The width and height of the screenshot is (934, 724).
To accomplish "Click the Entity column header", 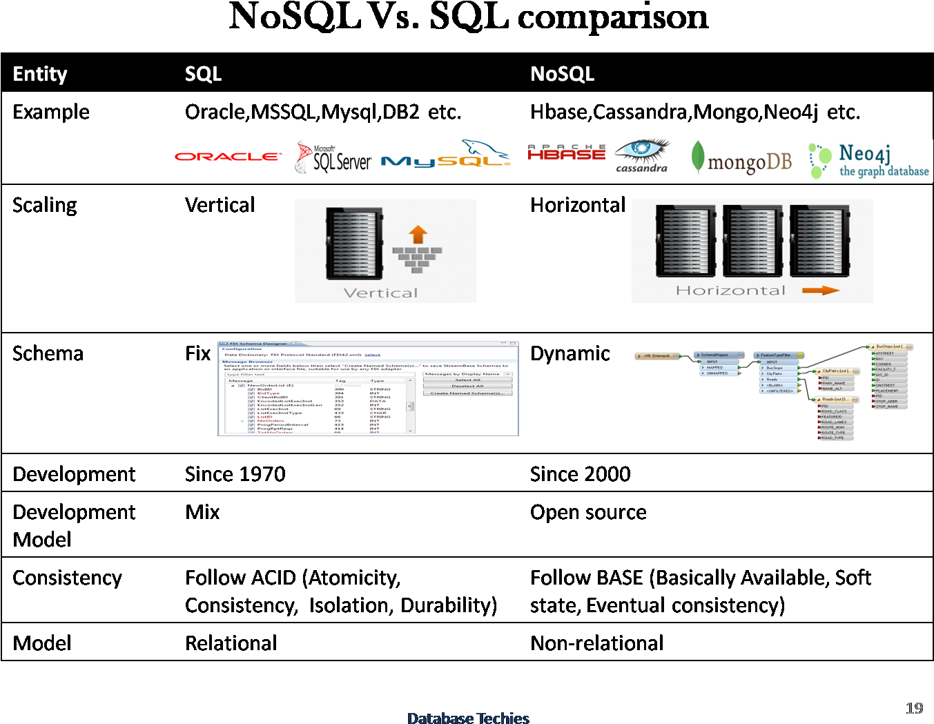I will (40, 74).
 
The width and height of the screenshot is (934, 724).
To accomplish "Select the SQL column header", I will (203, 74).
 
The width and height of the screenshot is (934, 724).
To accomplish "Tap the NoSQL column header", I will (562, 74).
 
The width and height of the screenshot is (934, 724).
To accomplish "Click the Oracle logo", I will (228, 157).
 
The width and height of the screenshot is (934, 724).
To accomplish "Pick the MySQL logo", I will (445, 155).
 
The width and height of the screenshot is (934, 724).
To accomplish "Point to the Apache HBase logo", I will (566, 153).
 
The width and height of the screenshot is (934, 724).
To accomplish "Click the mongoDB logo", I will (741, 158).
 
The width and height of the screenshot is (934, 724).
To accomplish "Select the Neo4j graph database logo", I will (868, 161).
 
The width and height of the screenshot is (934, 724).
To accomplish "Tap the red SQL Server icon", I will (303, 157).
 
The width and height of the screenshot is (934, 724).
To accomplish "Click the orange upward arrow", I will (418, 235).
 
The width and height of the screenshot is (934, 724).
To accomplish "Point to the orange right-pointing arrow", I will (820, 291).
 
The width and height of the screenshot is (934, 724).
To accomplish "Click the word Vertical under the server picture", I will (380, 293).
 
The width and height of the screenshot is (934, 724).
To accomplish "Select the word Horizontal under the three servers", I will (730, 291).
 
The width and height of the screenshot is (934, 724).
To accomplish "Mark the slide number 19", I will (914, 708).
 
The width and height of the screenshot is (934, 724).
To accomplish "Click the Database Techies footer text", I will (468, 718).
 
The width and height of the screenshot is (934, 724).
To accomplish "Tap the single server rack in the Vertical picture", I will (354, 244).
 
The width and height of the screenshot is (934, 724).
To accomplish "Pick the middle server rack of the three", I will (751, 241).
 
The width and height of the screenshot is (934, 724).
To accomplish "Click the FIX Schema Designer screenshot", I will (368, 388).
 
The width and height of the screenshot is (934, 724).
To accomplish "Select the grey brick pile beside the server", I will (417, 258).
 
